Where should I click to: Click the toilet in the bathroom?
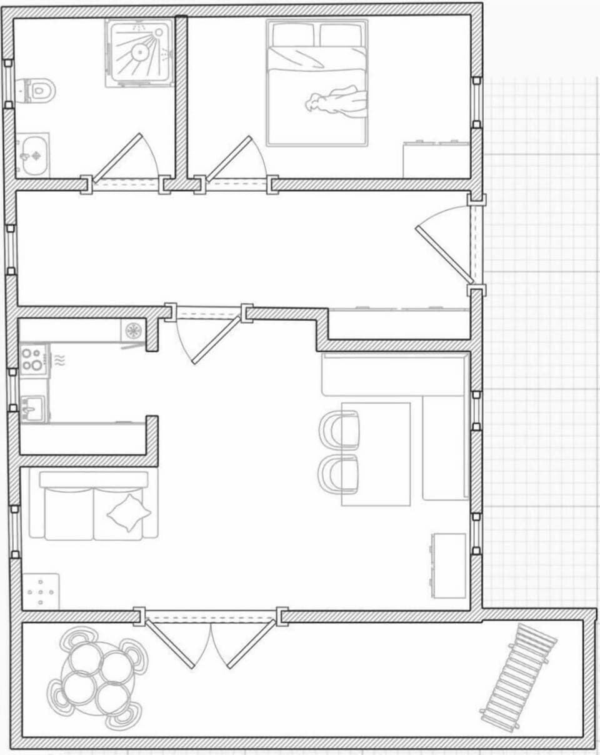pos(36,91)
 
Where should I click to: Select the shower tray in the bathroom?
pos(139,53)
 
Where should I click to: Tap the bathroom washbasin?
pos(33,154)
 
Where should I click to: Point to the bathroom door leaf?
pos(118,158)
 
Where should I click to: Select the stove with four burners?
pos(32,359)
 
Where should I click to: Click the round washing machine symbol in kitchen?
pos(132,331)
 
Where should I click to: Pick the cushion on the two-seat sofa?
pos(129,513)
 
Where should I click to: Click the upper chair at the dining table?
pos(340,429)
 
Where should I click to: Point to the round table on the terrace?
pos(97,679)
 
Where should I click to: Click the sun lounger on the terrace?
pos(518,678)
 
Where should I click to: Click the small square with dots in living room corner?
pos(41,591)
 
